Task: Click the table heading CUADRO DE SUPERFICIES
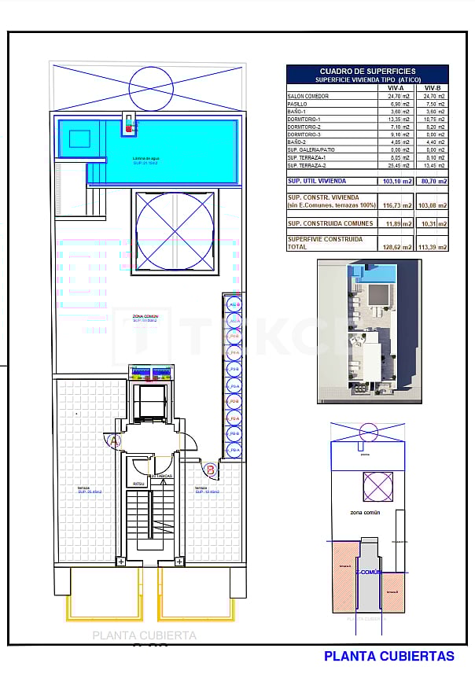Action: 367,71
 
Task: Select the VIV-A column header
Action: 396,88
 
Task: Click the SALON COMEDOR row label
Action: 308,96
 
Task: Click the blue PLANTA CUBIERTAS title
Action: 389,656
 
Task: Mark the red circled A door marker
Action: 115,441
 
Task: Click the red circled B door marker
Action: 211,470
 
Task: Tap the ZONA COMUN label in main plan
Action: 145,317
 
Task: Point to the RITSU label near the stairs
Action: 138,484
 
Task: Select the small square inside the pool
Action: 79,139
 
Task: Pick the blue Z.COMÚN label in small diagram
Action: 368,572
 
